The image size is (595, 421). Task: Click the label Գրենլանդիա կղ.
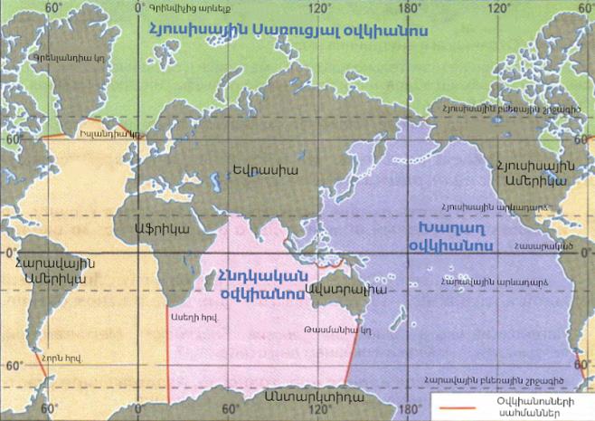coord(62,55)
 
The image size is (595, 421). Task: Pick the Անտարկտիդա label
coord(308,396)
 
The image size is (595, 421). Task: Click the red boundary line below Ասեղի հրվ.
coord(168,362)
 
